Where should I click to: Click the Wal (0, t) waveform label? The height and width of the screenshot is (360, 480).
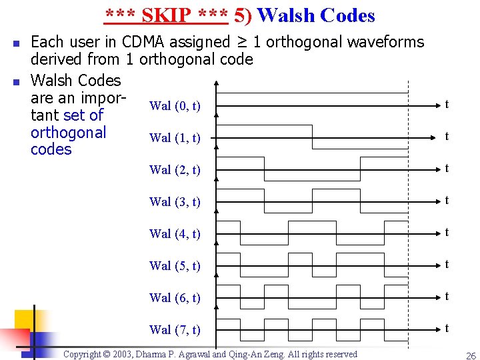click(x=175, y=106)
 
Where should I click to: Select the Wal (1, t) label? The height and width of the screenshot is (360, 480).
click(x=175, y=138)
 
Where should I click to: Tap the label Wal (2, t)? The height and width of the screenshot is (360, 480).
click(x=175, y=170)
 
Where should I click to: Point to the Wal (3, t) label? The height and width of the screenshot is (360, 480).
click(x=175, y=202)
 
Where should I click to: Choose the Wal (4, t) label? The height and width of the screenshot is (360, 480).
click(x=175, y=234)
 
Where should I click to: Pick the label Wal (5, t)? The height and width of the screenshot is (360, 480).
click(x=175, y=266)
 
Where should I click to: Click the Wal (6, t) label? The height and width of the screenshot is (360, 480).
click(x=175, y=298)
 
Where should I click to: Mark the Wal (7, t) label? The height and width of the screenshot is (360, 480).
click(x=175, y=330)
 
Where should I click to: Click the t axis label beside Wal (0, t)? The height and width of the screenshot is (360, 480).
click(x=447, y=105)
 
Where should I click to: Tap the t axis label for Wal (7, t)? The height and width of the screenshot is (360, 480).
click(x=447, y=329)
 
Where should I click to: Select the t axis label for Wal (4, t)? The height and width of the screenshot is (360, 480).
click(x=447, y=233)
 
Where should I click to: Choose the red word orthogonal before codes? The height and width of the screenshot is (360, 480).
click(x=69, y=133)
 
